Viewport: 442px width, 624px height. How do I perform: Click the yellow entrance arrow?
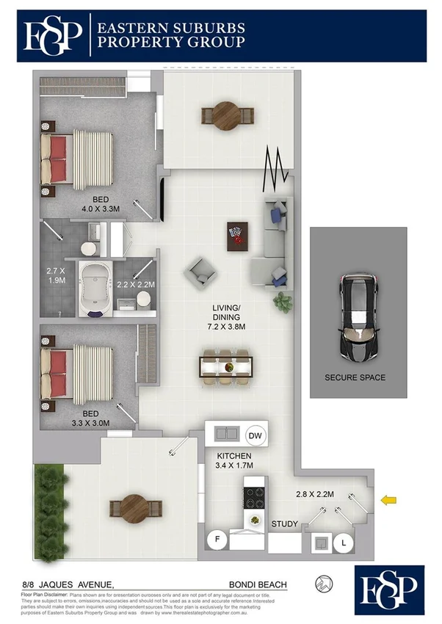(x=389, y=501)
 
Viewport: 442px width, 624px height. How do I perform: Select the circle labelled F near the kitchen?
(x=218, y=540)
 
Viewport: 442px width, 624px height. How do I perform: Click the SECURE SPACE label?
(x=355, y=378)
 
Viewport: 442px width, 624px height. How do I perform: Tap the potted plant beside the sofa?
(x=282, y=301)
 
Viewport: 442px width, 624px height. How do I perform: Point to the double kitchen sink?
(x=224, y=433)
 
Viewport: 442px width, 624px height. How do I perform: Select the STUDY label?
(x=284, y=524)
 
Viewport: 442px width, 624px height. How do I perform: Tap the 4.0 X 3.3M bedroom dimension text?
(x=101, y=208)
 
